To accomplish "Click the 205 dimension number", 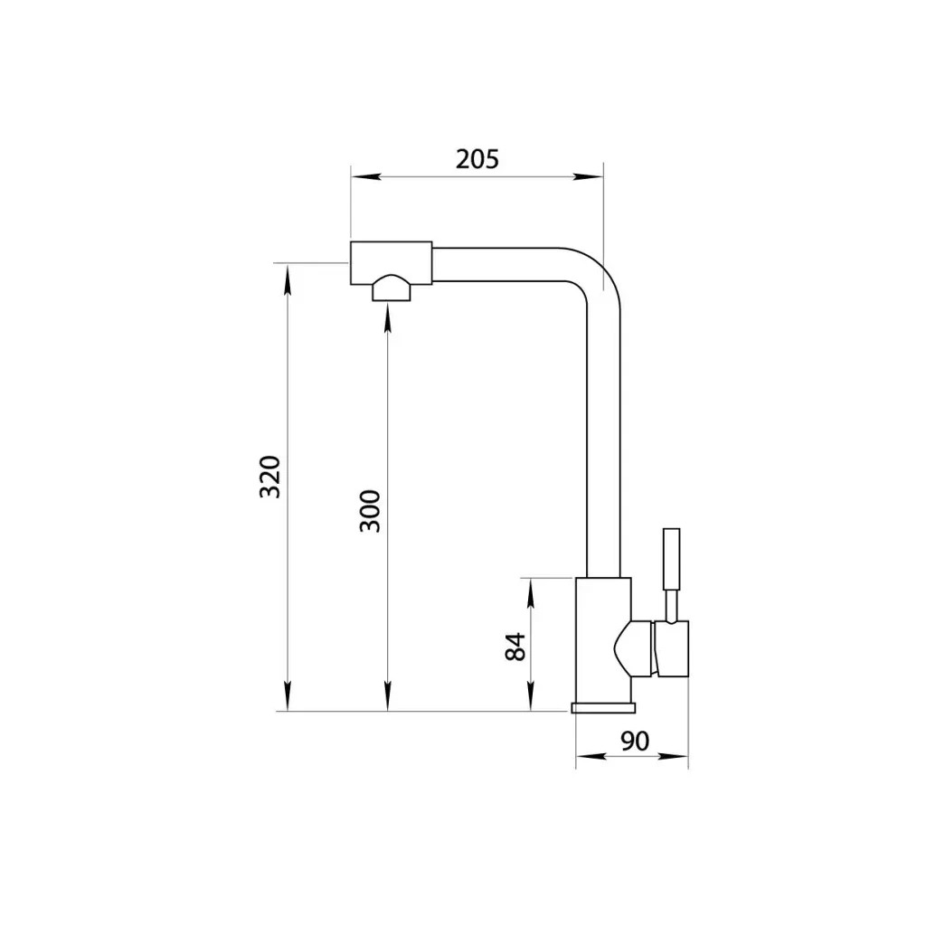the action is [477, 159].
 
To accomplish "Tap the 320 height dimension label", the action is [269, 477].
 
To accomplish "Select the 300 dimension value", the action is [370, 511].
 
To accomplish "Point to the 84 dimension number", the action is [516, 647].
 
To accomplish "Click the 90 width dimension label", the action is [635, 741].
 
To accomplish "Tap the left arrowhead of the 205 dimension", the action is [365, 176].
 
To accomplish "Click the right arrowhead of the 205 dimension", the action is [588, 176].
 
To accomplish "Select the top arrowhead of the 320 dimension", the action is [287, 279].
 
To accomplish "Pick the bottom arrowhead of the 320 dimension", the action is [287, 696].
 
